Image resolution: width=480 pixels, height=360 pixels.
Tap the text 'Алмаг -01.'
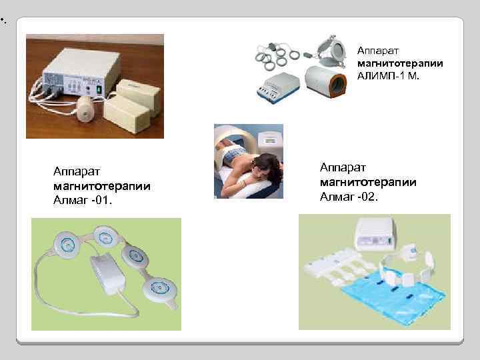pos(83,199)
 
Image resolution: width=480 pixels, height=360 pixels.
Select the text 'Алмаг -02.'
pos(349,196)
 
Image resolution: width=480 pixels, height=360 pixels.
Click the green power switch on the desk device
pos(99,88)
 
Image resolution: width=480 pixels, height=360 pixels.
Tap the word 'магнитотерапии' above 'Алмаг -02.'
pos(369,181)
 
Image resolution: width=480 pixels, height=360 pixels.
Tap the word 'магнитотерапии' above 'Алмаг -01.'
pos(101,186)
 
